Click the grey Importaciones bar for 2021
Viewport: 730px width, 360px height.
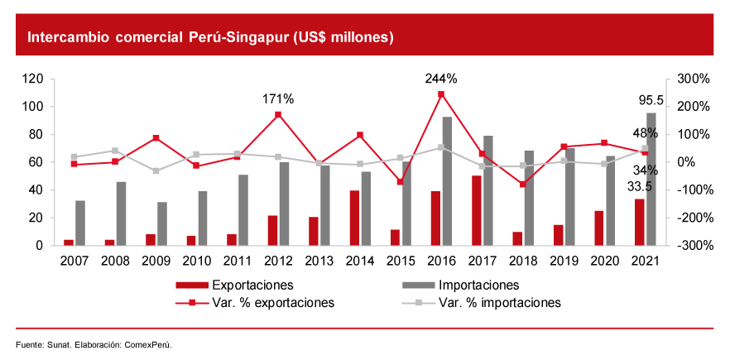click(651, 179)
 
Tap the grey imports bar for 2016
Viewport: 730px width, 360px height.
click(447, 181)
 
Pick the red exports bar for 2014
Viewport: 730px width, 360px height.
click(354, 218)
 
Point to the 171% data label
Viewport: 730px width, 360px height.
click(278, 98)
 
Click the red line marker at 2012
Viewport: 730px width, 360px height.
click(278, 114)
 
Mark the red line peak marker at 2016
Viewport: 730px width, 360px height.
click(441, 94)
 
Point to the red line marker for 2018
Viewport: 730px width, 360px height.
click(522, 184)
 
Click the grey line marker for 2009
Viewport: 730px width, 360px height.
click(156, 170)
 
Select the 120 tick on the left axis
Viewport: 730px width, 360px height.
click(33, 79)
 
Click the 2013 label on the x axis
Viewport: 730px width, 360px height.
click(319, 261)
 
